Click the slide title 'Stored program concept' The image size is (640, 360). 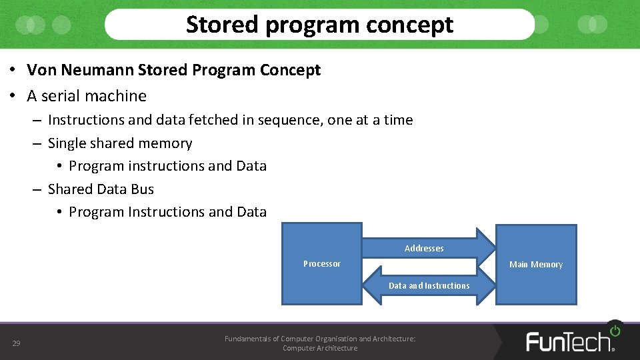319,25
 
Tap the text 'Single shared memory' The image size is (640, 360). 120,143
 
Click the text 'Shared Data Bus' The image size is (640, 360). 101,189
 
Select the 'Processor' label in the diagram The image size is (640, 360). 321,264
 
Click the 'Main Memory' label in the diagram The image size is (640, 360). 535,265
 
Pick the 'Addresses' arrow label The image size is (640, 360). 424,249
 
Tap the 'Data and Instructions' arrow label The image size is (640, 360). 429,286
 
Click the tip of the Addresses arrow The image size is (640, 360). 494,243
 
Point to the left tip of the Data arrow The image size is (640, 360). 364,285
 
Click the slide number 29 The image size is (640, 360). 16,343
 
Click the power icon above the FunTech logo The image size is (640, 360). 614,330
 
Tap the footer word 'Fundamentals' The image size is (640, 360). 251,339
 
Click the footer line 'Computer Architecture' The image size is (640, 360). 320,348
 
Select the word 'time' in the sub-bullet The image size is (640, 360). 398,120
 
